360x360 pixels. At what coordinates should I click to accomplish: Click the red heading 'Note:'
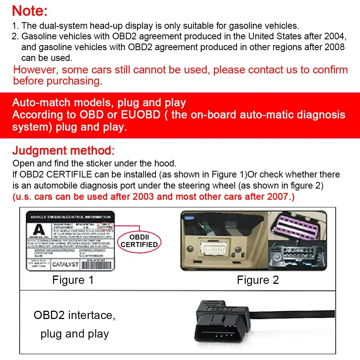click(x=30, y=11)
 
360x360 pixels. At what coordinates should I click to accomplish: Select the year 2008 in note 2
click(x=335, y=47)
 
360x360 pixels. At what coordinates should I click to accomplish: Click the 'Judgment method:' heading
click(x=63, y=151)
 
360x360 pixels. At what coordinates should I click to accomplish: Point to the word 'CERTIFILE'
click(x=69, y=174)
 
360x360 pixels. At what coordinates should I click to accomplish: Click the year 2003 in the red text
click(x=143, y=197)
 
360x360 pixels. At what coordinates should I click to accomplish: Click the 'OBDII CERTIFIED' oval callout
click(x=139, y=241)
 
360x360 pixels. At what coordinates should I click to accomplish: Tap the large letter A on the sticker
click(x=39, y=230)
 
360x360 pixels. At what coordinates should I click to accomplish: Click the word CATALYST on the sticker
click(x=65, y=264)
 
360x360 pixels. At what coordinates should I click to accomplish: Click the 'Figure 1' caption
click(x=73, y=280)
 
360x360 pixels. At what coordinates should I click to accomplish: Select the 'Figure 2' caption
click(x=258, y=280)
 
